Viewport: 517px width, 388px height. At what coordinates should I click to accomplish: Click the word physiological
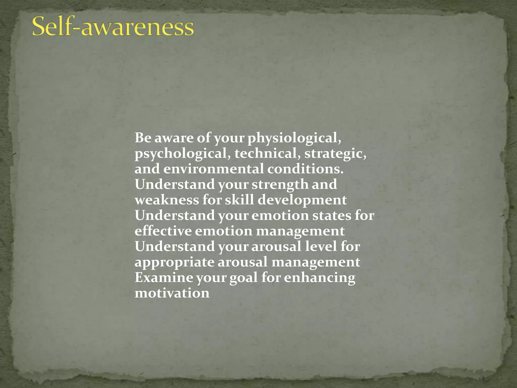point(294,138)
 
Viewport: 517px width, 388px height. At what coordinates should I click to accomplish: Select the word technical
point(268,154)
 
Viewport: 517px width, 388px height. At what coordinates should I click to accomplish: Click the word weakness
point(167,200)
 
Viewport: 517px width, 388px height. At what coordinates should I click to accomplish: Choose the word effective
point(163,231)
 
